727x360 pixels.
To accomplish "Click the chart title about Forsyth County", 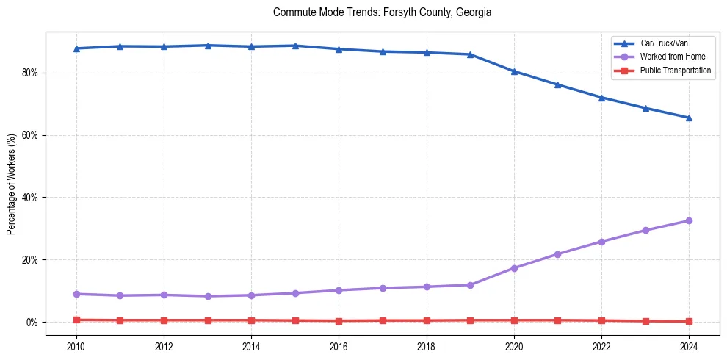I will point(382,12).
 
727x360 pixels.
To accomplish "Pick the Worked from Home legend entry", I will point(673,57).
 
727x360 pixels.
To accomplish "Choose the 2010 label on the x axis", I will point(76,345).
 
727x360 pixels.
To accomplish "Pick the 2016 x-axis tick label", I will point(339,345).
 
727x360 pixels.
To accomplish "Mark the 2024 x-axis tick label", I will point(689,345).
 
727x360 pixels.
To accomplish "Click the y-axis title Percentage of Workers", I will point(12,184).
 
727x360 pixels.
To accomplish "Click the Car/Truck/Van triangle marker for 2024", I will point(689,118).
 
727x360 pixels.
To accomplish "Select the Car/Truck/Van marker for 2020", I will point(514,71).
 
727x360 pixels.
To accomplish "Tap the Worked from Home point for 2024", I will point(689,220).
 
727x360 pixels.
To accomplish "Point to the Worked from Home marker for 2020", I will point(514,268).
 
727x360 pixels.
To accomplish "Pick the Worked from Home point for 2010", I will point(76,294).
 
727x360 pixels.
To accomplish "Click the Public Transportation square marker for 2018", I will point(426,320).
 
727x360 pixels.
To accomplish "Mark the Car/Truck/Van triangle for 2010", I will point(76,48).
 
